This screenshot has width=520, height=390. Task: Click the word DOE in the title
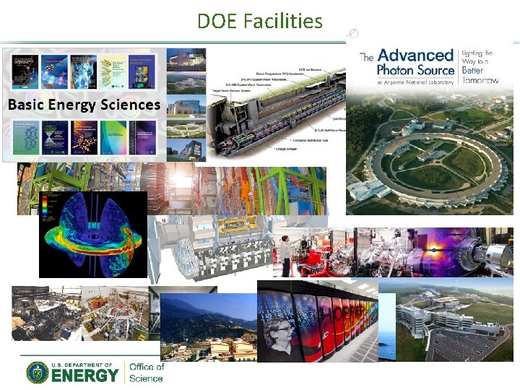click(217, 21)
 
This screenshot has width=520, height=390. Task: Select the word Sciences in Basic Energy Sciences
click(130, 105)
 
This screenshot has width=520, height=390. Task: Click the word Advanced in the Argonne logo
click(415, 56)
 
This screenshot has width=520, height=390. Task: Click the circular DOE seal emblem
click(38, 372)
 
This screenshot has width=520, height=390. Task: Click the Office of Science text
click(146, 372)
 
